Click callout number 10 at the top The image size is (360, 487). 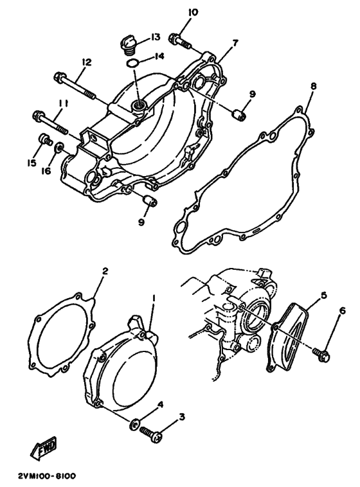[175, 12]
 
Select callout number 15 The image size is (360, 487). [30, 163]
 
